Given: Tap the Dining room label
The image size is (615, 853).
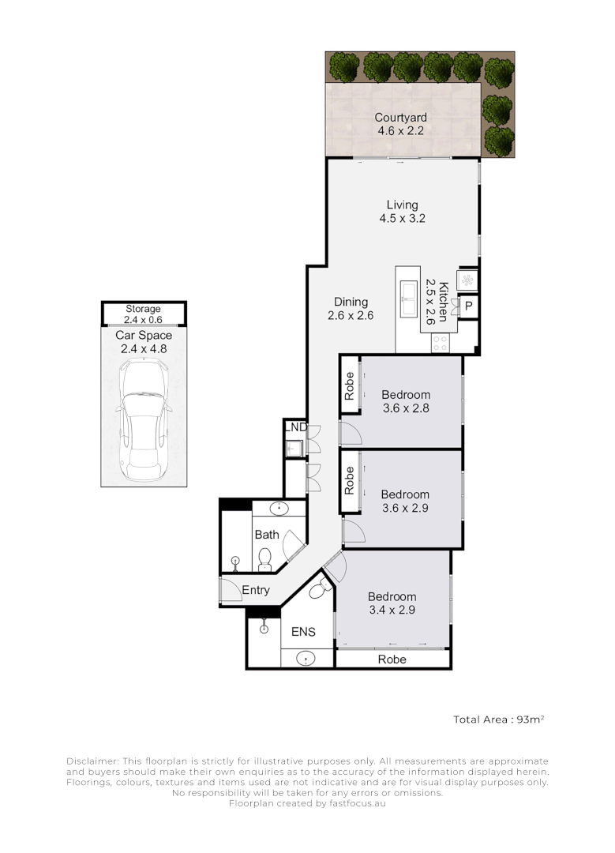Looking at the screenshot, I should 351,302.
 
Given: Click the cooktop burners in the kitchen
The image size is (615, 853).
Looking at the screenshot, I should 441,343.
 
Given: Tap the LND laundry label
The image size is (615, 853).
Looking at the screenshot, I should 295,427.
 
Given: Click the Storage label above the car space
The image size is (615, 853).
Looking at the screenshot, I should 143,309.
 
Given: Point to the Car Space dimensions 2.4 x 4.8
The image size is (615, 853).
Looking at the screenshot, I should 143,348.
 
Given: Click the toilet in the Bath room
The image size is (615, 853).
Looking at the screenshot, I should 265,558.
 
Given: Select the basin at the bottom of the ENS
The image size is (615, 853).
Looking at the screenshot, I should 304,658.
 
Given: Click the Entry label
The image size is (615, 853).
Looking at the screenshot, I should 256,590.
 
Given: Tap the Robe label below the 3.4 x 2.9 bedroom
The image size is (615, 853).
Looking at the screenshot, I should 392,659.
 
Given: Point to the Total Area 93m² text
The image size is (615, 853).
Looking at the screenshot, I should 499,720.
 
